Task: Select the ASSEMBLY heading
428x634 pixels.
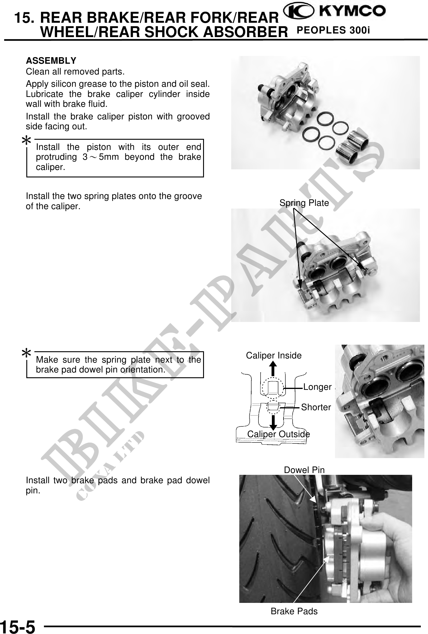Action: [x=51, y=61]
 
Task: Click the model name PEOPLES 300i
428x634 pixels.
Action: [x=333, y=31]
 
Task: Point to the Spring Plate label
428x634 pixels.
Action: [x=304, y=203]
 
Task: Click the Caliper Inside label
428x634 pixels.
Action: [x=274, y=355]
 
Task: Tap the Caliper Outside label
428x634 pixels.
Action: [x=278, y=434]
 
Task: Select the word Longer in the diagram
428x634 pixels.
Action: [x=317, y=387]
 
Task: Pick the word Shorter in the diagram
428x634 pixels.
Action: [x=316, y=407]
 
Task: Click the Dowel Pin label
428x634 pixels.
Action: [x=304, y=470]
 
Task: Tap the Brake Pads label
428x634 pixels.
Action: [x=294, y=611]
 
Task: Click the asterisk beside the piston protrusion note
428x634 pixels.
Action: [x=27, y=141]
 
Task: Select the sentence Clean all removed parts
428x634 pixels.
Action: [x=75, y=72]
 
